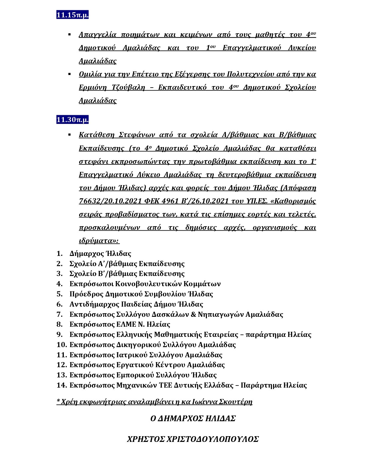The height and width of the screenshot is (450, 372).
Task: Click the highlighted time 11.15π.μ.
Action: pyautogui.click(x=72, y=15)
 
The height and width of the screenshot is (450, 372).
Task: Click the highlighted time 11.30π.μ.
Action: pyautogui.click(x=72, y=120)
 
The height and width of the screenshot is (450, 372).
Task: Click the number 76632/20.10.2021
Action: pyautogui.click(x=110, y=201)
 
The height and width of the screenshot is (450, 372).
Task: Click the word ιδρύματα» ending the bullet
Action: pyautogui.click(x=99, y=241)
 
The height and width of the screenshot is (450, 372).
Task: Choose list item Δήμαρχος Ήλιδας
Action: pyautogui.click(x=100, y=254)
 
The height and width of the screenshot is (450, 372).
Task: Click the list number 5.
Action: pyautogui.click(x=59, y=294)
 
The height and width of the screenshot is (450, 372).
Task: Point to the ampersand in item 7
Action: pyautogui.click(x=193, y=314)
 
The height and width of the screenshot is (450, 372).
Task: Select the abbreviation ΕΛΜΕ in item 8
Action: pyautogui.click(x=126, y=324)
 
